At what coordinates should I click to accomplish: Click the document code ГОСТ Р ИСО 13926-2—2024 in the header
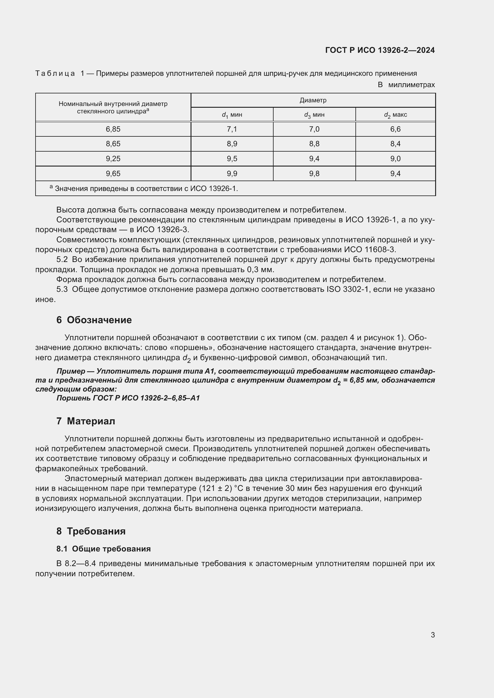click(380, 50)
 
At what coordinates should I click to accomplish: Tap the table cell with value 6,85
click(113, 129)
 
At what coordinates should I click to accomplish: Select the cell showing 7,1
click(232, 129)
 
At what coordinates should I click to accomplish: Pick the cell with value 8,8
click(314, 144)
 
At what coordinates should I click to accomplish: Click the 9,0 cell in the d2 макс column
click(395, 159)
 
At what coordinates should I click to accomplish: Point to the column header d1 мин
click(232, 115)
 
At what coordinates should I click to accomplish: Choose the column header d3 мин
click(314, 115)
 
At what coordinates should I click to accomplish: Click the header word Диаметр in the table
click(313, 100)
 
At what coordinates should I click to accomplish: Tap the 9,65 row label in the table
click(113, 174)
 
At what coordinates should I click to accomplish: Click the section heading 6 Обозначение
click(94, 320)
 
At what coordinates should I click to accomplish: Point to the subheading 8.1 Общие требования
click(103, 549)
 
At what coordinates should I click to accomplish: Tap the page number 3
click(432, 635)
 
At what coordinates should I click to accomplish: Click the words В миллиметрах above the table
click(406, 85)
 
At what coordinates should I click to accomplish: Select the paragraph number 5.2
click(62, 260)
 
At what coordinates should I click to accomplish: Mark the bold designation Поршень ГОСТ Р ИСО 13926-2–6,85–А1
click(128, 398)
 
